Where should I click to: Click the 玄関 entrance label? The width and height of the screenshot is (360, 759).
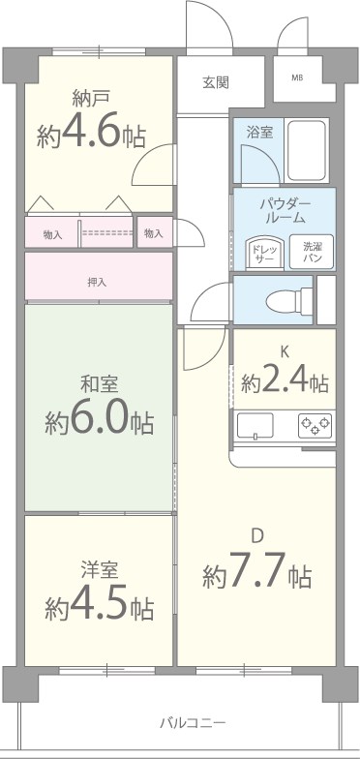(x=215, y=82)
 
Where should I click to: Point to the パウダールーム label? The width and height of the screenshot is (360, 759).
(x=284, y=212)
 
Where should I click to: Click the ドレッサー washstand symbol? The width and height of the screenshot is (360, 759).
(x=264, y=253)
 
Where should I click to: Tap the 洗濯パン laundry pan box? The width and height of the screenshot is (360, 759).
(x=314, y=253)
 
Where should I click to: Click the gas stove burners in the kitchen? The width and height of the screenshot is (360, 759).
(x=315, y=424)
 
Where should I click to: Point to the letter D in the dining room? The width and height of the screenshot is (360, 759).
(x=257, y=536)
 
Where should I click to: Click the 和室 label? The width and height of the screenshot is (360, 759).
(x=98, y=385)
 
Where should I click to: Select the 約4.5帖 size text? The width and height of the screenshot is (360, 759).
(x=99, y=606)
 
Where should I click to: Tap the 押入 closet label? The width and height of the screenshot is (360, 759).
(x=97, y=283)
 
